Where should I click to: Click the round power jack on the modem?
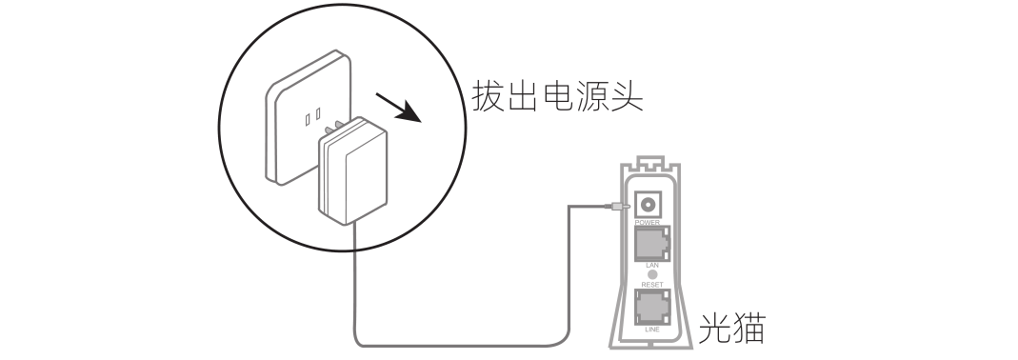[651, 204]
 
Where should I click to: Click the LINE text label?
[652, 329]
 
